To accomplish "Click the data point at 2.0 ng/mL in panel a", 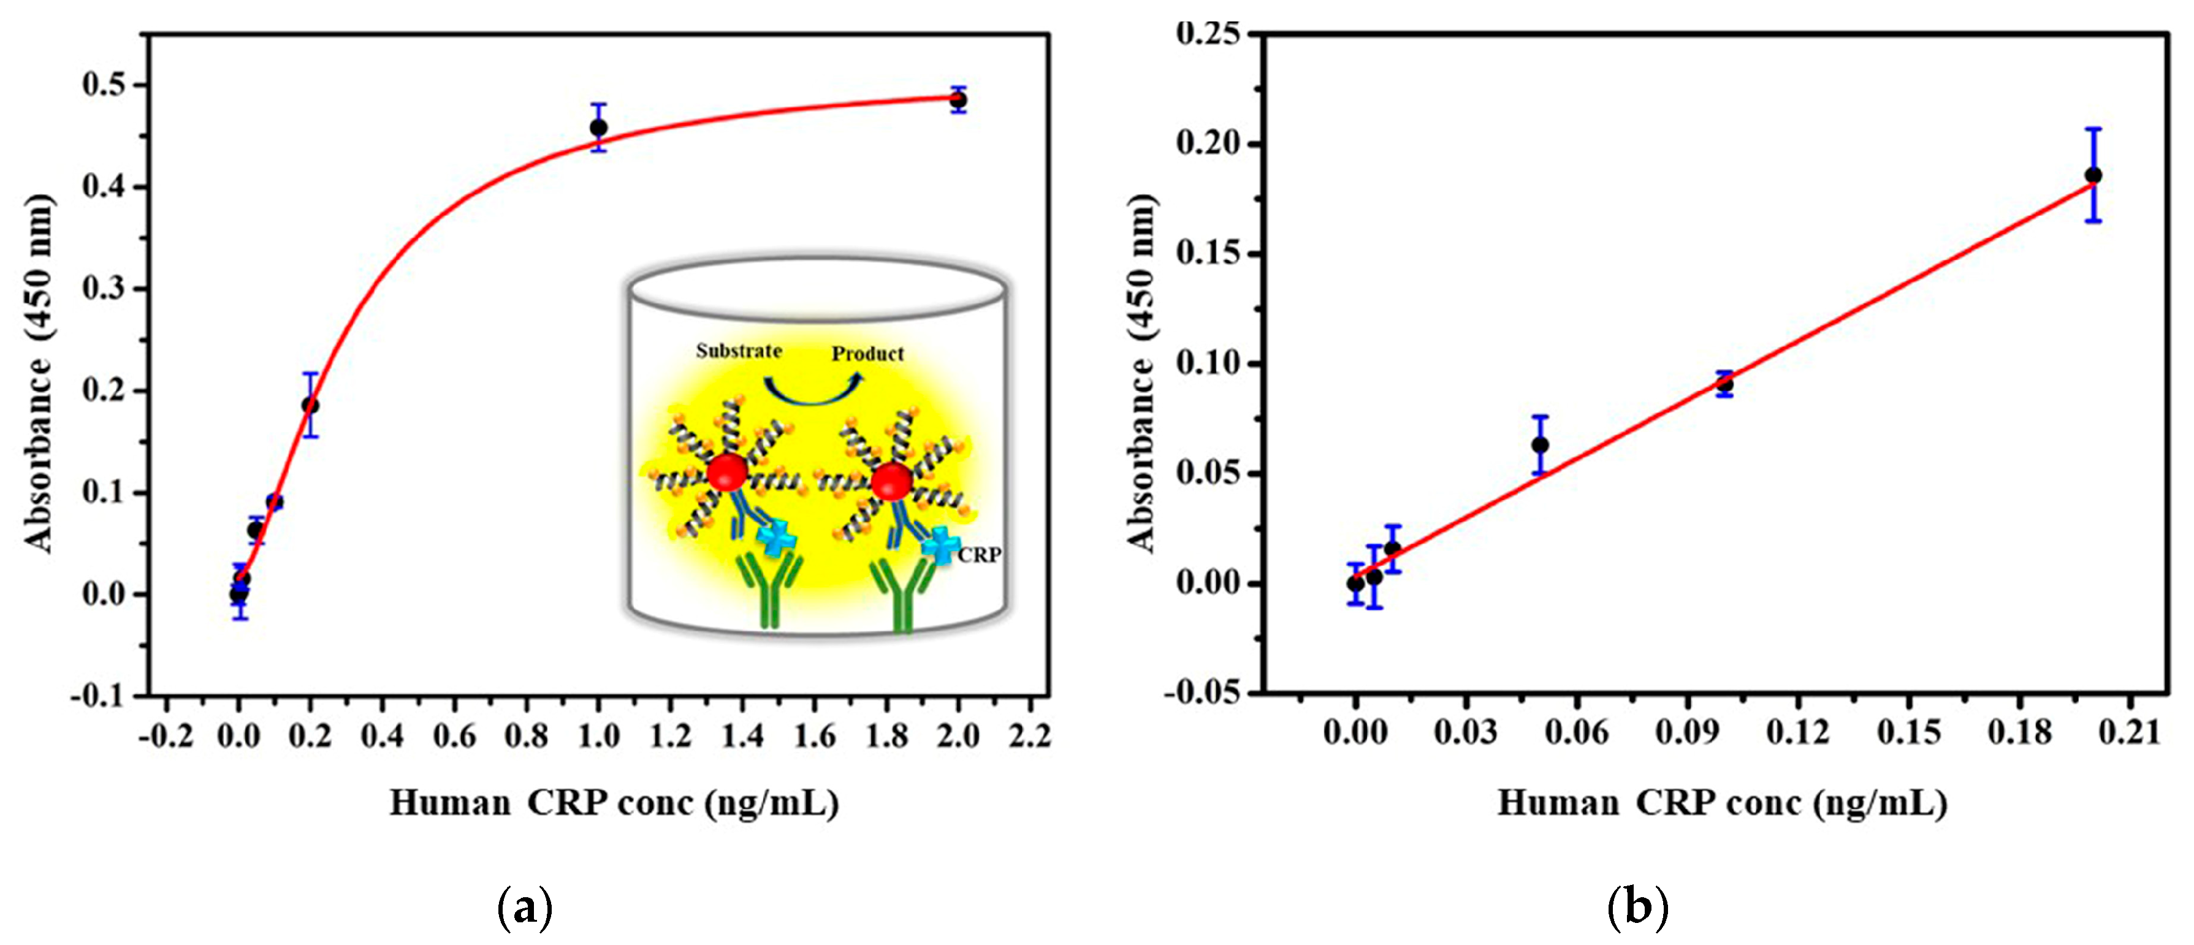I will (958, 101).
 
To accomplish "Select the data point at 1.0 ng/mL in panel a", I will (599, 127).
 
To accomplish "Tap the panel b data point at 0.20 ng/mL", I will (2093, 175).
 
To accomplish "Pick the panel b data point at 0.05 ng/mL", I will (1540, 444).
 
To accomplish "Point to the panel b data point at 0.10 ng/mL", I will (1724, 384).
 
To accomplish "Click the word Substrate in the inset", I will (739, 351).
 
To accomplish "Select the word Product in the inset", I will (867, 354).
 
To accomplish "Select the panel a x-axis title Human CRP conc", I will (613, 802).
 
